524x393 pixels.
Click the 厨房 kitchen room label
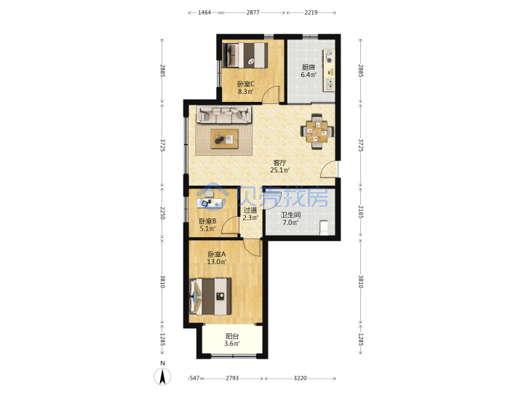308,68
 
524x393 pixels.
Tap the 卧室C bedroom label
246,84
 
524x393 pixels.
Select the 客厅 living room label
279,163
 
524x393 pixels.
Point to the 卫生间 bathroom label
290,215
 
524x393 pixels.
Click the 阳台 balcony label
232,336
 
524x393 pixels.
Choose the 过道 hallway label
250,210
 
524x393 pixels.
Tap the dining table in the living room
317,131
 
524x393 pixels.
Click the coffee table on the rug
224,139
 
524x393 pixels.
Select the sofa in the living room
224,114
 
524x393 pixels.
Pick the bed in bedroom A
210,296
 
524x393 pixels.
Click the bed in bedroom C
245,55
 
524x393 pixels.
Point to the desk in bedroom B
210,202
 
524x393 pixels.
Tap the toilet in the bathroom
324,228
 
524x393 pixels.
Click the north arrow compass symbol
162,376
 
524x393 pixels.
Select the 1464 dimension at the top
205,12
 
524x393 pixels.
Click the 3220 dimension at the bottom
300,378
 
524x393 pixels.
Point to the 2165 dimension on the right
360,213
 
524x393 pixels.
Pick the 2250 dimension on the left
162,213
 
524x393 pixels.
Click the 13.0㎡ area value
217,262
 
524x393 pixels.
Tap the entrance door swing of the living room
327,168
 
